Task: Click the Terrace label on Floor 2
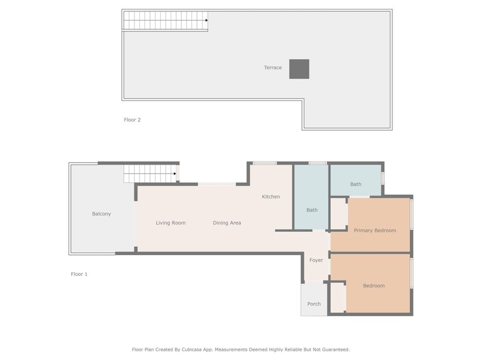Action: point(272,67)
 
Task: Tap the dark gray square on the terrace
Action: point(299,69)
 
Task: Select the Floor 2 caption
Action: point(132,119)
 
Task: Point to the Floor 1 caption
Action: point(79,274)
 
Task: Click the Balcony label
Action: point(101,214)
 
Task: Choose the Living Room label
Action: point(171,223)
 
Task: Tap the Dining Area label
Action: point(227,223)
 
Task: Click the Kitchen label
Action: point(271,197)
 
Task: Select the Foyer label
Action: point(316,260)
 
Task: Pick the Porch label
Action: point(314,304)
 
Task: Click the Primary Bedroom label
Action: point(375,231)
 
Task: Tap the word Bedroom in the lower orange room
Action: point(374,286)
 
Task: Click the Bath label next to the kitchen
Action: point(312,210)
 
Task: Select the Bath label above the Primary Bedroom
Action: point(356,184)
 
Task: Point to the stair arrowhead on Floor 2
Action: point(206,20)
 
